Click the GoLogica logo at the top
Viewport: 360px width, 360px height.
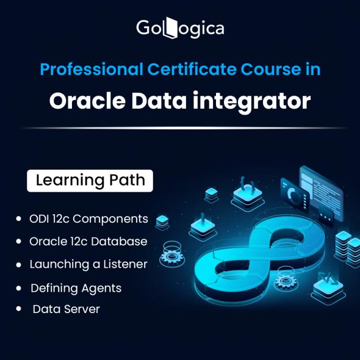[x=180, y=28]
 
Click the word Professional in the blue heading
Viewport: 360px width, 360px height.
[x=92, y=69]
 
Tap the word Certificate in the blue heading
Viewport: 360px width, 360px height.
[x=192, y=69]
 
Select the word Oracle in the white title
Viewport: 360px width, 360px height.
[x=87, y=101]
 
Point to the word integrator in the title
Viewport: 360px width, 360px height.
[x=251, y=103]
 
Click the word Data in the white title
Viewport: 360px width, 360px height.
[x=159, y=101]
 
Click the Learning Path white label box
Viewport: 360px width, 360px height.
[x=90, y=181]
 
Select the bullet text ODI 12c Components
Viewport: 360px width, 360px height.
[x=88, y=219]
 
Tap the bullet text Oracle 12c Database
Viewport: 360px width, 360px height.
[x=88, y=242]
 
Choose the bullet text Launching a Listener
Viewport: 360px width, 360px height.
[x=88, y=264]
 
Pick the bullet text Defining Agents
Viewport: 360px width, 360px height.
[x=76, y=289]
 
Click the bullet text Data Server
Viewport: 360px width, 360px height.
[x=67, y=309]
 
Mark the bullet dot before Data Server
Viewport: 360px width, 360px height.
[x=18, y=309]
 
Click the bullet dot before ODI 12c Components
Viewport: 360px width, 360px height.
[x=18, y=218]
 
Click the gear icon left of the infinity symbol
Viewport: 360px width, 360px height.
[x=171, y=255]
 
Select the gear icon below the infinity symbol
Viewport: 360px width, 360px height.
[x=286, y=280]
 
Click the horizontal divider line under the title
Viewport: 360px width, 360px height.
[x=184, y=128]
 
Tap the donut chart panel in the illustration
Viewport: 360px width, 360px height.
[x=295, y=196]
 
